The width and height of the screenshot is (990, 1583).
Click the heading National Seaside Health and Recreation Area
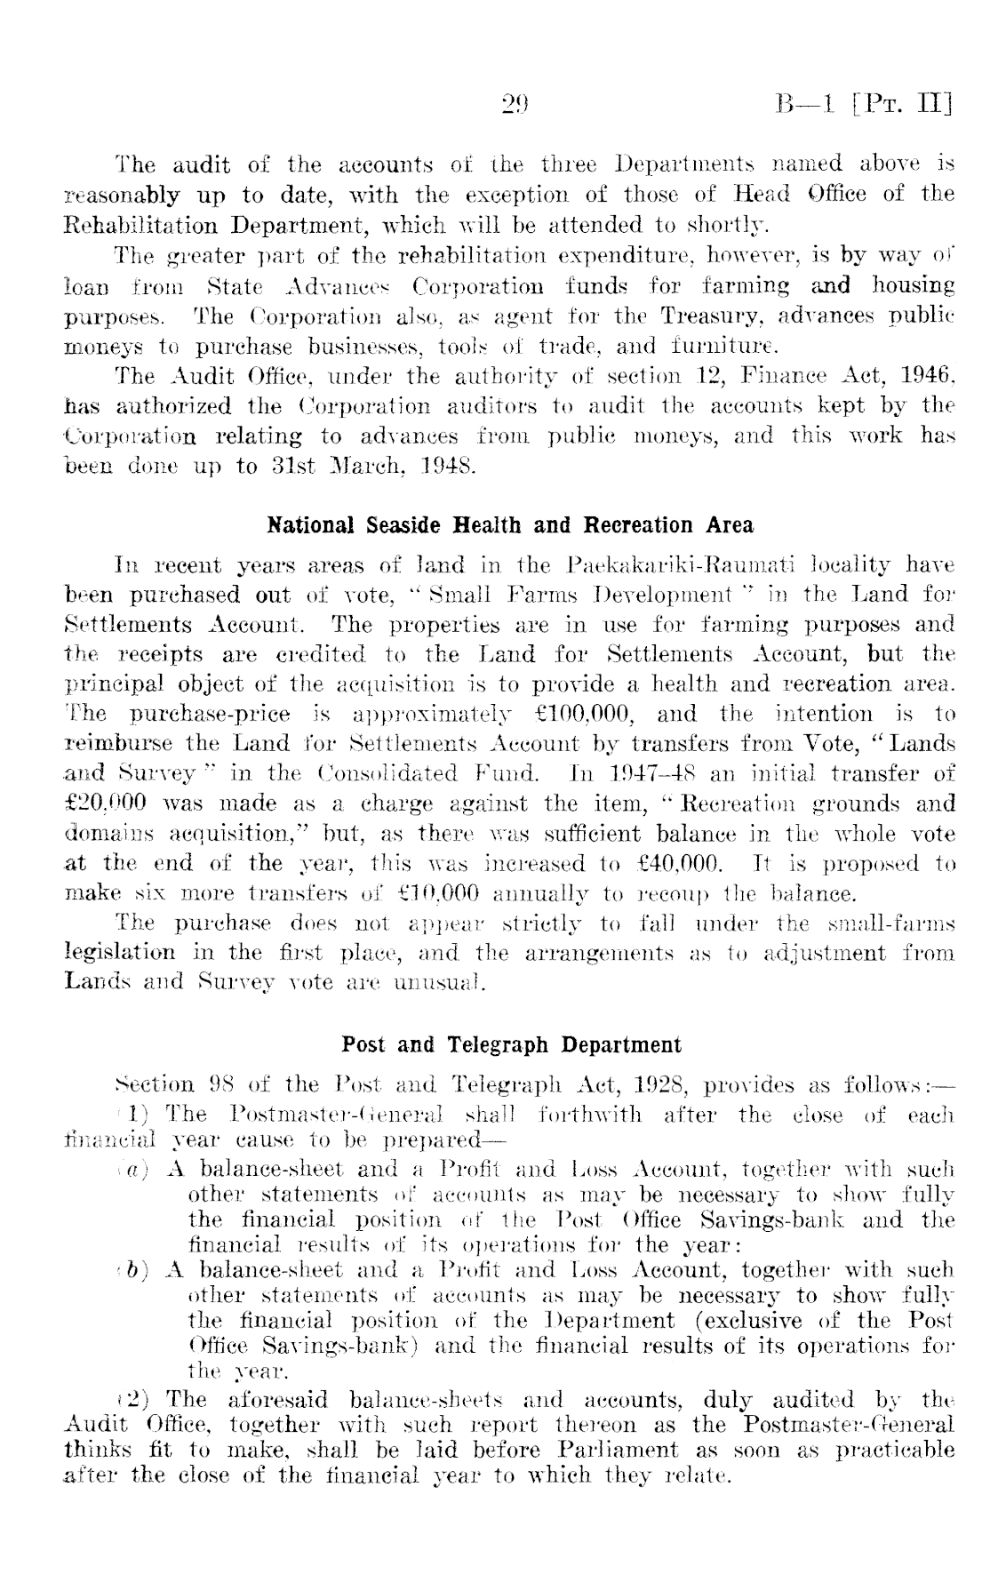(510, 525)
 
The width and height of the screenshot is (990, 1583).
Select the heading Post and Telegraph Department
(511, 1044)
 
